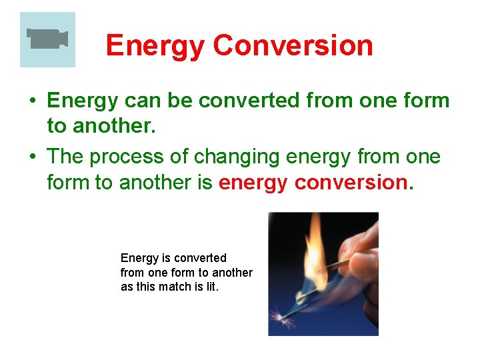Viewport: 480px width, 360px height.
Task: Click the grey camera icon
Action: (x=47, y=38)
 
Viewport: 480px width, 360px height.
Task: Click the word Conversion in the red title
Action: (x=293, y=45)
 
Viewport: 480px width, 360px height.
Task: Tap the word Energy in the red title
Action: (x=155, y=45)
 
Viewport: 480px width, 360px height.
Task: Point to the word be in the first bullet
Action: (x=177, y=101)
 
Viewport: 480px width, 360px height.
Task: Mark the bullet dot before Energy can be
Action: (x=32, y=102)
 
